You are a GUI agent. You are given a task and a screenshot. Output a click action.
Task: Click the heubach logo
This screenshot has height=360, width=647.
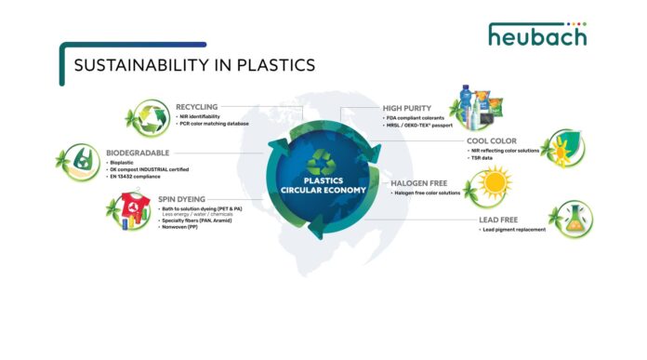(537, 36)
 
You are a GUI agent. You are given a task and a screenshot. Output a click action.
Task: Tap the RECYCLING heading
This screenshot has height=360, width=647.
(196, 107)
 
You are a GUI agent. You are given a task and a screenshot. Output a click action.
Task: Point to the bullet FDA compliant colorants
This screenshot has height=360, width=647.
(414, 118)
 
